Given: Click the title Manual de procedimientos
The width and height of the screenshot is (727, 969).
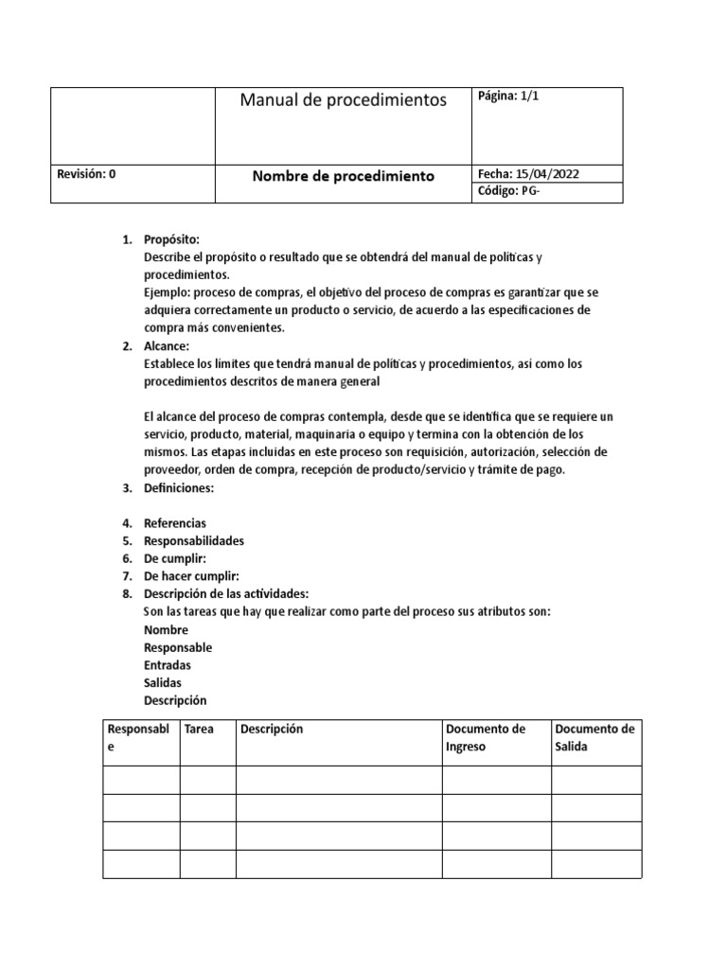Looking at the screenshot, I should (x=343, y=100).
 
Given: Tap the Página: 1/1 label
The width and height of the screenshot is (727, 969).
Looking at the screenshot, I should (x=508, y=97).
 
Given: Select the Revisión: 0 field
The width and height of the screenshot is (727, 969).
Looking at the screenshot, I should (x=86, y=174).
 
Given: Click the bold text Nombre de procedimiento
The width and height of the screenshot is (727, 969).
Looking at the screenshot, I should (x=343, y=176).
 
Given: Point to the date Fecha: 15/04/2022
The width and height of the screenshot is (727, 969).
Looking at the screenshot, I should (x=528, y=174).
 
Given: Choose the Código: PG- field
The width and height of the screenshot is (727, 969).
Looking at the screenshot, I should (x=512, y=192).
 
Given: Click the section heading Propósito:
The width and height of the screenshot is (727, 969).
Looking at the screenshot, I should (x=171, y=239).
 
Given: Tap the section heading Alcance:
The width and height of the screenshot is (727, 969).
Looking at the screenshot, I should (x=167, y=346).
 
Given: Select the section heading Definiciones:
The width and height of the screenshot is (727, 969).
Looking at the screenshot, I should (x=179, y=488).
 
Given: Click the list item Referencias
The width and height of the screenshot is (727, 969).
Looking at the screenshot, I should (x=174, y=523).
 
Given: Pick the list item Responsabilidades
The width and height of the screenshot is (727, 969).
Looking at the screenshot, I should (x=193, y=541).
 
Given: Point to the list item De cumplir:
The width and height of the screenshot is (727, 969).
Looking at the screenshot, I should (x=174, y=559).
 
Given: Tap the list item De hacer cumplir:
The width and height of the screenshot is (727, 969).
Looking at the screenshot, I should (x=190, y=576).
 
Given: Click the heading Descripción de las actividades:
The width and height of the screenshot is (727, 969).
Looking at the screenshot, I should (x=225, y=594).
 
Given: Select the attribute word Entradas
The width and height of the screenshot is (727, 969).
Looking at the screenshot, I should (x=167, y=665).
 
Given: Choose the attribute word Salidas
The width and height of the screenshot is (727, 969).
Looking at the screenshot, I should (x=162, y=683).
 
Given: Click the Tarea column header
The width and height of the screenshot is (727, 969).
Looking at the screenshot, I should (x=199, y=730).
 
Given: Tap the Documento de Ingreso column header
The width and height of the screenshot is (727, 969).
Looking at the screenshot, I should (x=485, y=738).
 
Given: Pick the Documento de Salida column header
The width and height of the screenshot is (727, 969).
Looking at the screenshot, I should (x=594, y=738).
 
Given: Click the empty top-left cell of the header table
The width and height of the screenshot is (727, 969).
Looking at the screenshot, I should (x=132, y=126).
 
